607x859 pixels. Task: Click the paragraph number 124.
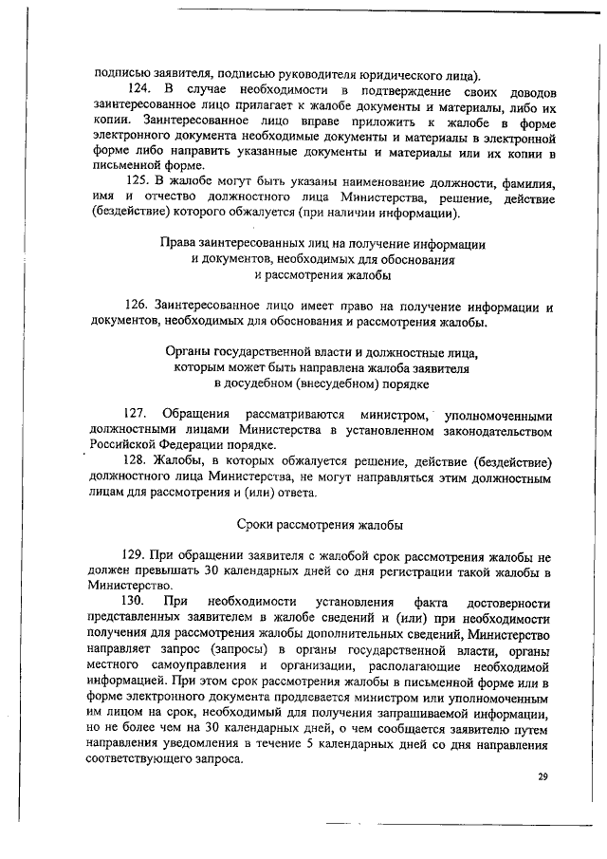[138, 90]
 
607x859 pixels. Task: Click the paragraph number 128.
[138, 461]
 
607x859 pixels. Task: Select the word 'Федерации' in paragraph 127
[187, 445]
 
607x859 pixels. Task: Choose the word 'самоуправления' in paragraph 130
[191, 664]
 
